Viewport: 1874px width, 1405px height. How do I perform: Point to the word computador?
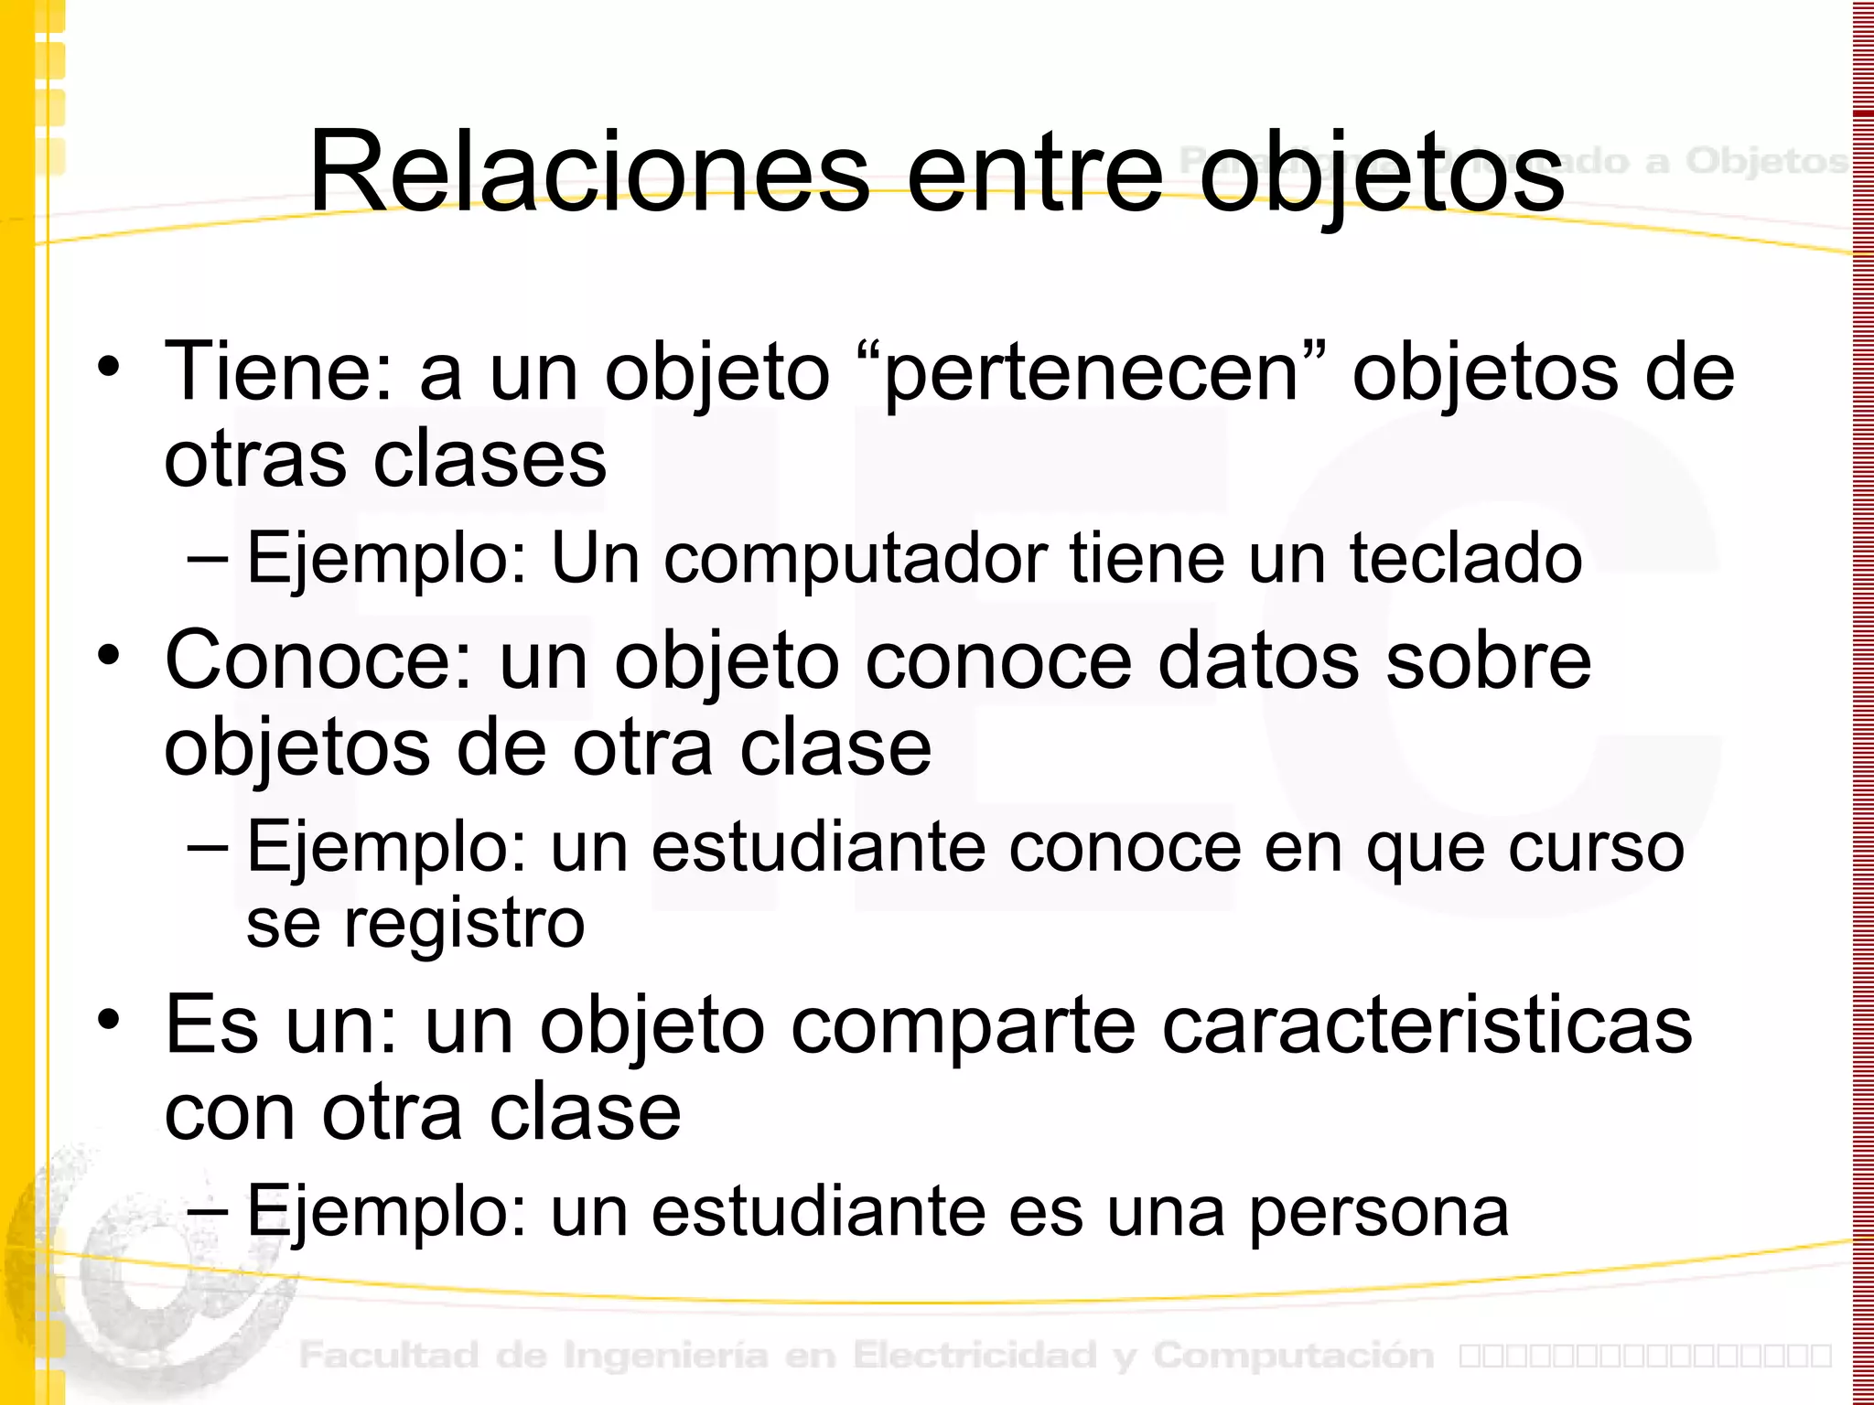coord(855,559)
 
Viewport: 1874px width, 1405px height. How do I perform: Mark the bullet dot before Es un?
coord(109,1020)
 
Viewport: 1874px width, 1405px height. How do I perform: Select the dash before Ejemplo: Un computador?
coord(208,558)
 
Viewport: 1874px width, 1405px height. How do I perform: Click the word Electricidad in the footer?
coord(974,1355)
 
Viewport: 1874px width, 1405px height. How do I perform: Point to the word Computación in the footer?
coord(1293,1355)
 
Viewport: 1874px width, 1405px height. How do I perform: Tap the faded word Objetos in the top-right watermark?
coord(1766,161)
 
